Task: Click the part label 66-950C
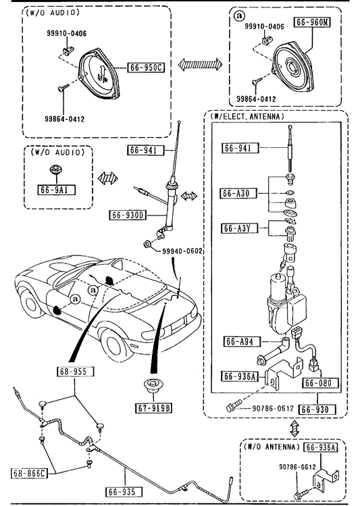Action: [146, 68]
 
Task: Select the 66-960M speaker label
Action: [312, 22]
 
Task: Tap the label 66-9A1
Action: [56, 190]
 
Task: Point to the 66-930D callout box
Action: [128, 215]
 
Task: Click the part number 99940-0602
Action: [182, 251]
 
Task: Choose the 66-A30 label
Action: [238, 193]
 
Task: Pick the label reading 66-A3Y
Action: [240, 228]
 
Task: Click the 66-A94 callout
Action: [242, 341]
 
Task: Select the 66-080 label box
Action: [321, 383]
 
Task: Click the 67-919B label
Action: [153, 408]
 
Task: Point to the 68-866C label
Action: [28, 474]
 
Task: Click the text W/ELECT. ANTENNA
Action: [247, 116]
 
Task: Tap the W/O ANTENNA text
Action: [269, 447]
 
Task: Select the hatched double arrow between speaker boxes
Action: [201, 64]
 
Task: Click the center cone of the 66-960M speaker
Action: [294, 67]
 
